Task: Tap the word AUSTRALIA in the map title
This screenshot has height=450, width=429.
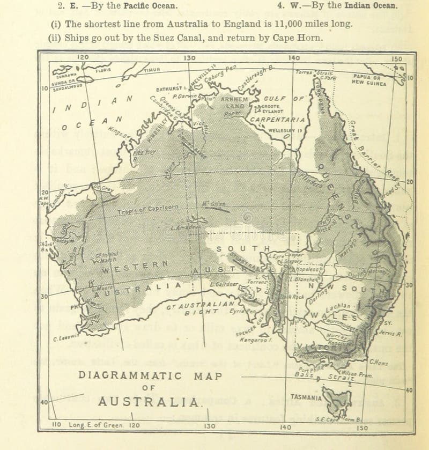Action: point(150,401)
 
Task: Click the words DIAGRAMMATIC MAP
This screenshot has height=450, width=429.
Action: point(150,376)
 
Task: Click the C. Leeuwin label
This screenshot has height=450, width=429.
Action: point(67,337)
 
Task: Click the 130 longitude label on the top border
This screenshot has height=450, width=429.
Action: point(189,57)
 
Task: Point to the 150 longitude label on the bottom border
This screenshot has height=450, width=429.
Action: point(363,427)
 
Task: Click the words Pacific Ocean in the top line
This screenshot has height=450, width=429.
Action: point(151,6)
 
